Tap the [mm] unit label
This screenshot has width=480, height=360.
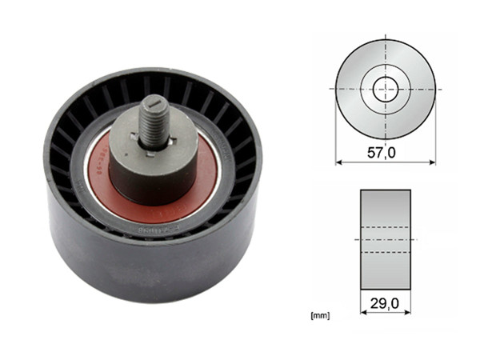click(x=320, y=316)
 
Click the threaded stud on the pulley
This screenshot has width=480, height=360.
click(x=151, y=120)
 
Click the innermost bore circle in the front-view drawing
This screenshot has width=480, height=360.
click(x=386, y=88)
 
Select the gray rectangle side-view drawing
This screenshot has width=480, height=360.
click(x=386, y=239)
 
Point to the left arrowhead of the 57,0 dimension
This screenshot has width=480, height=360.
click(x=339, y=162)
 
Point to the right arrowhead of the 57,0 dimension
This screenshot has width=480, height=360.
click(x=432, y=162)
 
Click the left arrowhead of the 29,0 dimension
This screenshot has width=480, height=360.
click(x=364, y=312)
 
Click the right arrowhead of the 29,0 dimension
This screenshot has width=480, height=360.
click(x=407, y=312)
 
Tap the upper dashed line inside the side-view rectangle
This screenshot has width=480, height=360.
click(x=386, y=226)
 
